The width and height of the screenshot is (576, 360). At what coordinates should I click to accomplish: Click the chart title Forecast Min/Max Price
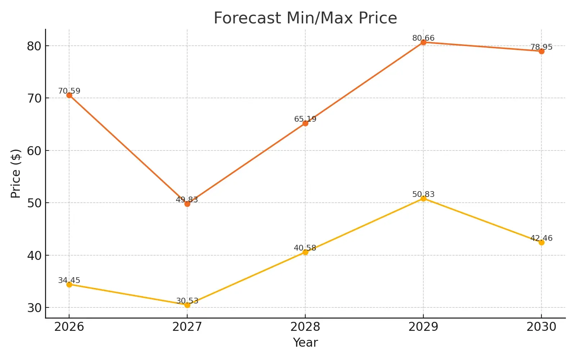(305, 18)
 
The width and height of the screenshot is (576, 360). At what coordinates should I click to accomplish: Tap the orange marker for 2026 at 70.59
(69, 95)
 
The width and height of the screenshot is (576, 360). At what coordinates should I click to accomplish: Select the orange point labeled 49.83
(187, 204)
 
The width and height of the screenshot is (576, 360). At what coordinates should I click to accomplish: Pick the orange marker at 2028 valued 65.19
(305, 123)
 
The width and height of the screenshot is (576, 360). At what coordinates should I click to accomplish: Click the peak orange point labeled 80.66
(423, 42)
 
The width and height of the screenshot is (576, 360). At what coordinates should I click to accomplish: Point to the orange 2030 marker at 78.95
(541, 51)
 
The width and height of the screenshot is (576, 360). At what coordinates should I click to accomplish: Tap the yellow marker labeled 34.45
(69, 284)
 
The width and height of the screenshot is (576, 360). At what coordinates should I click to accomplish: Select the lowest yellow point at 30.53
(187, 305)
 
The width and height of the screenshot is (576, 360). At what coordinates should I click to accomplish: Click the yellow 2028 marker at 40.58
(305, 252)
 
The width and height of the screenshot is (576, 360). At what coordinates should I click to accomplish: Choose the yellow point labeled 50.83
(423, 198)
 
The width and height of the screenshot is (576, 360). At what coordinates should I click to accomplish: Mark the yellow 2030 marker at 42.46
(541, 242)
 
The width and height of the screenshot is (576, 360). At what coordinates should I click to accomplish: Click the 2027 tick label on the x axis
(187, 327)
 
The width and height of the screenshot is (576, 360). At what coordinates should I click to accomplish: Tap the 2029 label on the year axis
(423, 327)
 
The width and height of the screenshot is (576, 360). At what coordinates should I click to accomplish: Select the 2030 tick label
(541, 327)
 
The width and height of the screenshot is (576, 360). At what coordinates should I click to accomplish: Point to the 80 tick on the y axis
(34, 46)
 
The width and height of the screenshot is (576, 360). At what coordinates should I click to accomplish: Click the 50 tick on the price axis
(34, 203)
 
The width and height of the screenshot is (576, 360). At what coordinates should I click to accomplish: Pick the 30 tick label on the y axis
(34, 308)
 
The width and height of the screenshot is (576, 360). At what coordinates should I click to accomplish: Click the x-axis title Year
(305, 342)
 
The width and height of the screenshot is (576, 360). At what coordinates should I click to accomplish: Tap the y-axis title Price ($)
(16, 174)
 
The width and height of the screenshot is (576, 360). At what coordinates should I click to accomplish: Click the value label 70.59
(69, 91)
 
